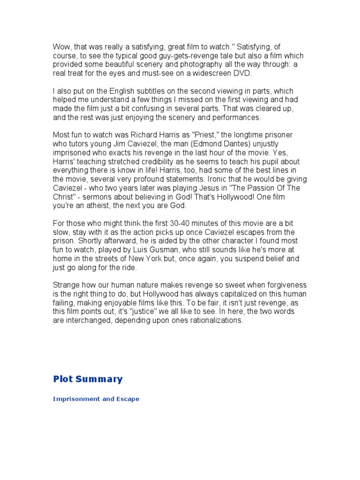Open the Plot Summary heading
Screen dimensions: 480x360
coord(88,379)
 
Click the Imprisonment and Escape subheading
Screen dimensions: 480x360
coord(96,399)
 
